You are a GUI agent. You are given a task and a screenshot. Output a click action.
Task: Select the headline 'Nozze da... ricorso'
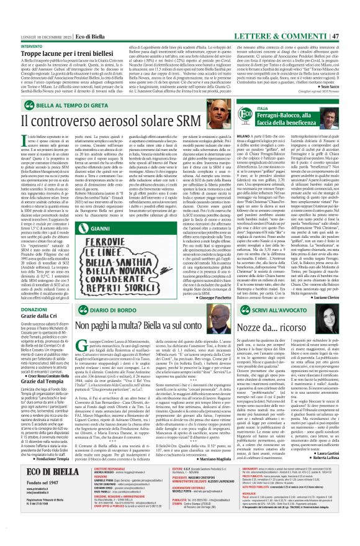[x=271, y=344]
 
